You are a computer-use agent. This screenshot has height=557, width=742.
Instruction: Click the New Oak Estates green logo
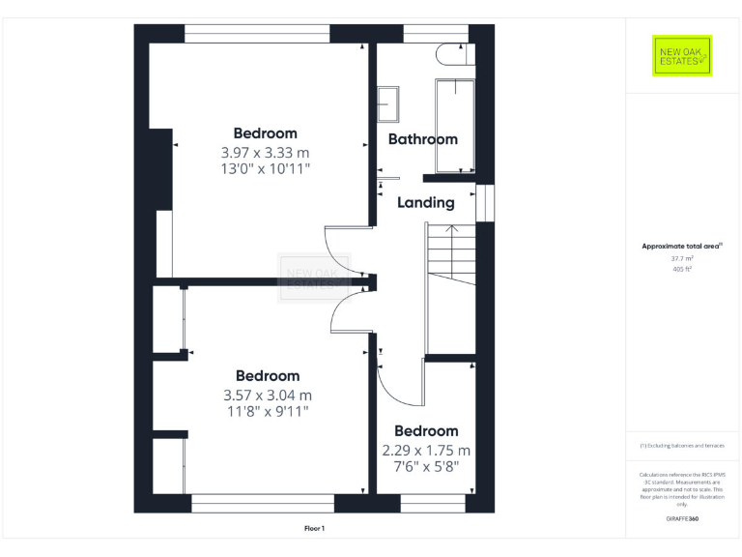point(682,56)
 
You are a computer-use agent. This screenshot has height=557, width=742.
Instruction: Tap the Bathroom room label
point(422,139)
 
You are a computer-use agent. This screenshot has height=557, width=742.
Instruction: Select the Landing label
point(425,203)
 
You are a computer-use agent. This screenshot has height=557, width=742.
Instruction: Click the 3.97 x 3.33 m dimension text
point(265,153)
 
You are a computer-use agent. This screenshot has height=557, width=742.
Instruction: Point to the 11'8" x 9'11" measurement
point(267,412)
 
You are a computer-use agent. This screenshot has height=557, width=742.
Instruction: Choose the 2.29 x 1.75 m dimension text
point(425,451)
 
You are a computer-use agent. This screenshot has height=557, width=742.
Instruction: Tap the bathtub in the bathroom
point(453,124)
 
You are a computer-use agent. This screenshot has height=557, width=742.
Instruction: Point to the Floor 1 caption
point(314,528)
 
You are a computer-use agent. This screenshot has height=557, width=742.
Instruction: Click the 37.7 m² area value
point(682,258)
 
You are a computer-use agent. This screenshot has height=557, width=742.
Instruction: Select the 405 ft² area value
point(682,270)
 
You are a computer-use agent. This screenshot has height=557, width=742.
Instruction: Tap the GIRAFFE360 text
point(682,519)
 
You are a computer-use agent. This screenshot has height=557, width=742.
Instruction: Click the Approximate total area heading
point(681,247)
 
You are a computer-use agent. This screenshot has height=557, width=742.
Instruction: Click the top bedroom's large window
point(256,34)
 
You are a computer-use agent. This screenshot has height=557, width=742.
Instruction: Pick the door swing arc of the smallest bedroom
point(396,388)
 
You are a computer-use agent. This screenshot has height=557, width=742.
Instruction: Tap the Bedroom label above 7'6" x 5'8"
point(425,431)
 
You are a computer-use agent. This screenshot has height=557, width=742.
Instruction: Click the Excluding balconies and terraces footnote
point(682,446)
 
